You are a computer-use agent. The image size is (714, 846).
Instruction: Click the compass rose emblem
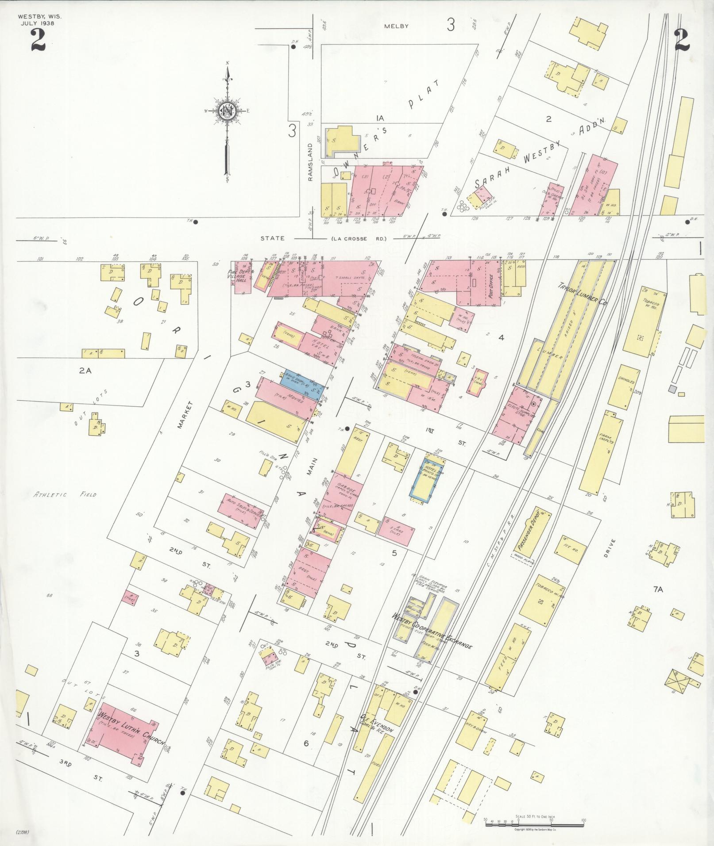click(x=227, y=111)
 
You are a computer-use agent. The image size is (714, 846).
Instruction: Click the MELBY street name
click(x=397, y=26)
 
